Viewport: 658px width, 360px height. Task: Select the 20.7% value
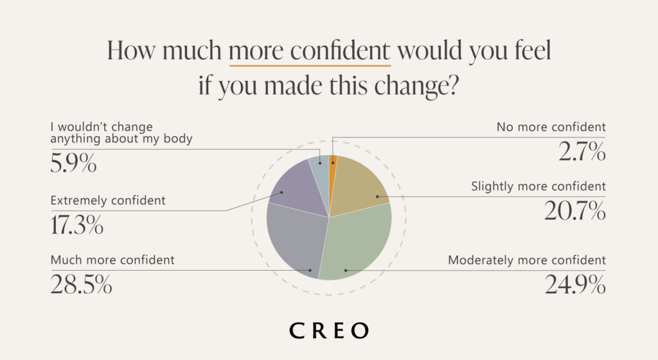tap(574, 211)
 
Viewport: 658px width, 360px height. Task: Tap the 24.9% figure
tap(574, 284)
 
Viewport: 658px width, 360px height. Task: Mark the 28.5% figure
tap(81, 284)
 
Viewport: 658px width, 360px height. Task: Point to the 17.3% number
tap(76, 225)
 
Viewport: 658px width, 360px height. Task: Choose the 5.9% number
tap(73, 163)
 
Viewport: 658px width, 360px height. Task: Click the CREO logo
tap(329, 330)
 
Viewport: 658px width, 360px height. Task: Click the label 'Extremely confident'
tap(108, 201)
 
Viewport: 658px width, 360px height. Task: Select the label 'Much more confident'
tap(112, 260)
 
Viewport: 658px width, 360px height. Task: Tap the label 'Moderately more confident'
tap(527, 260)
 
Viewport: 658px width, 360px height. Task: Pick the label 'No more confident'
tap(551, 127)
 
